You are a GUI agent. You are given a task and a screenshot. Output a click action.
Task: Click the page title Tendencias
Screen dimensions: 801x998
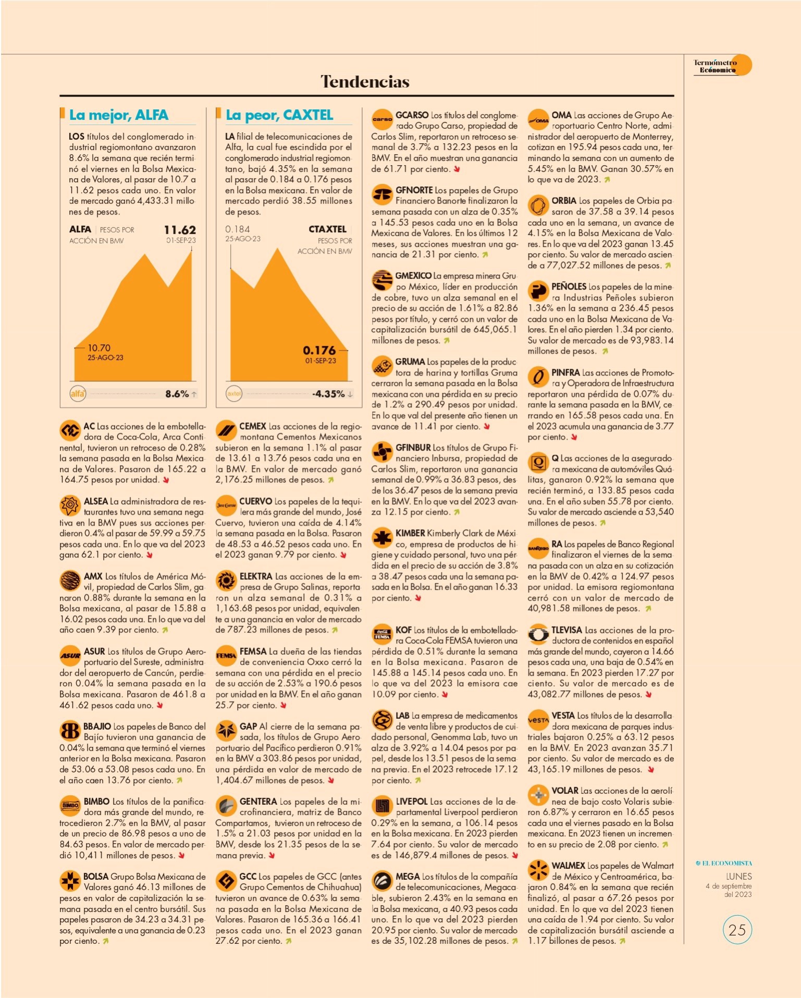point(365,81)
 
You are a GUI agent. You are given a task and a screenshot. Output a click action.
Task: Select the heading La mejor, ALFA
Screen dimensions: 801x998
point(119,115)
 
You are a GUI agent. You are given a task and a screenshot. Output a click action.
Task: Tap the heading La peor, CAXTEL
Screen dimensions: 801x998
point(279,115)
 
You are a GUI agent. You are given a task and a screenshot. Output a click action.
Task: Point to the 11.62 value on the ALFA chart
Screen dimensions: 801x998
point(180,230)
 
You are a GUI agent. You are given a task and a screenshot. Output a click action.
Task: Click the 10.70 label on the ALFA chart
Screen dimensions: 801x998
point(99,348)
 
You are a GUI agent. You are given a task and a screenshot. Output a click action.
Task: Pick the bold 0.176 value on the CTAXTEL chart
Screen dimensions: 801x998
point(319,350)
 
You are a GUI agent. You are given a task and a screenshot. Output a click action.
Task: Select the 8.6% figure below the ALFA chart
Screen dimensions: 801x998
point(177,394)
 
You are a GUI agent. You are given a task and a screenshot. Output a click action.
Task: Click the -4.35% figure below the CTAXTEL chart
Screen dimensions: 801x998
point(328,394)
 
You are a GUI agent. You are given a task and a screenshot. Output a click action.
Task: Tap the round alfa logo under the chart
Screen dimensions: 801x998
point(78,394)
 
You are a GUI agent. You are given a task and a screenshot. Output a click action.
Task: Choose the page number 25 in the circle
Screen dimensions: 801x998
point(737,930)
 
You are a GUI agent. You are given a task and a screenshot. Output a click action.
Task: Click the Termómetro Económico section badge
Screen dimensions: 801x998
point(722,66)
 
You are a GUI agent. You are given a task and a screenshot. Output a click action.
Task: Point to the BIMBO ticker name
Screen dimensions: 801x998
point(97,802)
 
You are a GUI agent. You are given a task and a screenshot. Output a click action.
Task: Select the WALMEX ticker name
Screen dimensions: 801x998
point(568,866)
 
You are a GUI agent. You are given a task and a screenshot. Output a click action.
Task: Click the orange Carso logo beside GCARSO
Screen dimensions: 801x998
point(382,119)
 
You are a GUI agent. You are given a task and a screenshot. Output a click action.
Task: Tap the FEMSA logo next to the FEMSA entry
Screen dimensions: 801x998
point(226,656)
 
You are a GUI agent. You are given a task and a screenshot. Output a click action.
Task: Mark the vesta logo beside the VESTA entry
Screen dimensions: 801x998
point(538,720)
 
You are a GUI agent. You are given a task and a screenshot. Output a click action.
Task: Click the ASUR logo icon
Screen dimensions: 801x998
point(70,656)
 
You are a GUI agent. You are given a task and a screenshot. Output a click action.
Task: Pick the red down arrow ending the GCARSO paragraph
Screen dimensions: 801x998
point(457,169)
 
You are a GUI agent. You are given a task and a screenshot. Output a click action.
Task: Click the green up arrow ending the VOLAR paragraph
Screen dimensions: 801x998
point(664,845)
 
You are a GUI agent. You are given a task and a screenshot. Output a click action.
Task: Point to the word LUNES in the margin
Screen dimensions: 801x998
point(739,877)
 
